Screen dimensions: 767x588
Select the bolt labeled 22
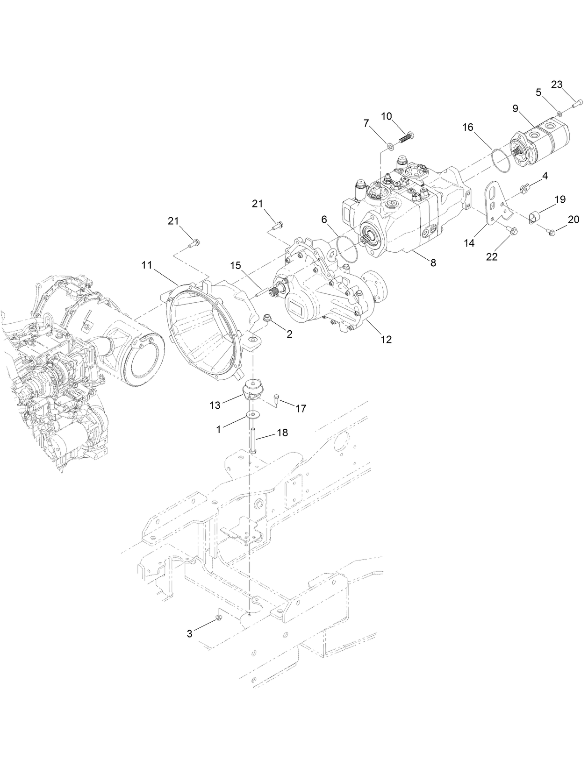coord(512,230)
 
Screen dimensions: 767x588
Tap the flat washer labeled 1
coord(253,414)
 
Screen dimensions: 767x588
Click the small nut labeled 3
coord(218,618)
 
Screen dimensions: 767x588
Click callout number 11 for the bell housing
coord(147,265)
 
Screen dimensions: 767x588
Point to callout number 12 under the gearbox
coord(386,339)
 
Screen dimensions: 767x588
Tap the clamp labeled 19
coord(535,217)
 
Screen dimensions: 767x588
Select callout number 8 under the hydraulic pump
coord(433,263)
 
